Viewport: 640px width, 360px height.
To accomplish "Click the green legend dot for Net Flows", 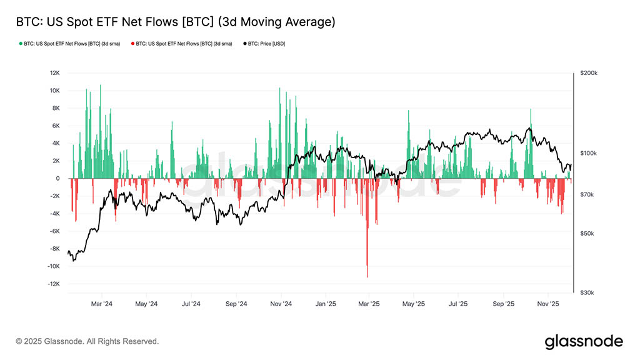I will coord(21,44).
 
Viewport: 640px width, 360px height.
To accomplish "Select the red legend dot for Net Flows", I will coord(133,44).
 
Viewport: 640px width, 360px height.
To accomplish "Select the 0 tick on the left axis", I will coord(57,179).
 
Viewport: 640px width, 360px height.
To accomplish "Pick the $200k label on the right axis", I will coord(589,73).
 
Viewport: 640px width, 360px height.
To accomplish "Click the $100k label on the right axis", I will coord(589,153).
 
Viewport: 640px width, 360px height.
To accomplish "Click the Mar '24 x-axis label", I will coord(101,304).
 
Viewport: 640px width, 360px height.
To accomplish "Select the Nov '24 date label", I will coord(281,304).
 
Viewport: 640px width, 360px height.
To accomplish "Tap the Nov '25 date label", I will coord(548,304).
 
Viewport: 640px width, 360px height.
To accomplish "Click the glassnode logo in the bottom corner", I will coord(584,341).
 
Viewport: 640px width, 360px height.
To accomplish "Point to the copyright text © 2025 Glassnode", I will coord(87,341).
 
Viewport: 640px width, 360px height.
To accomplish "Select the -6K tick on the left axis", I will coord(54,231).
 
